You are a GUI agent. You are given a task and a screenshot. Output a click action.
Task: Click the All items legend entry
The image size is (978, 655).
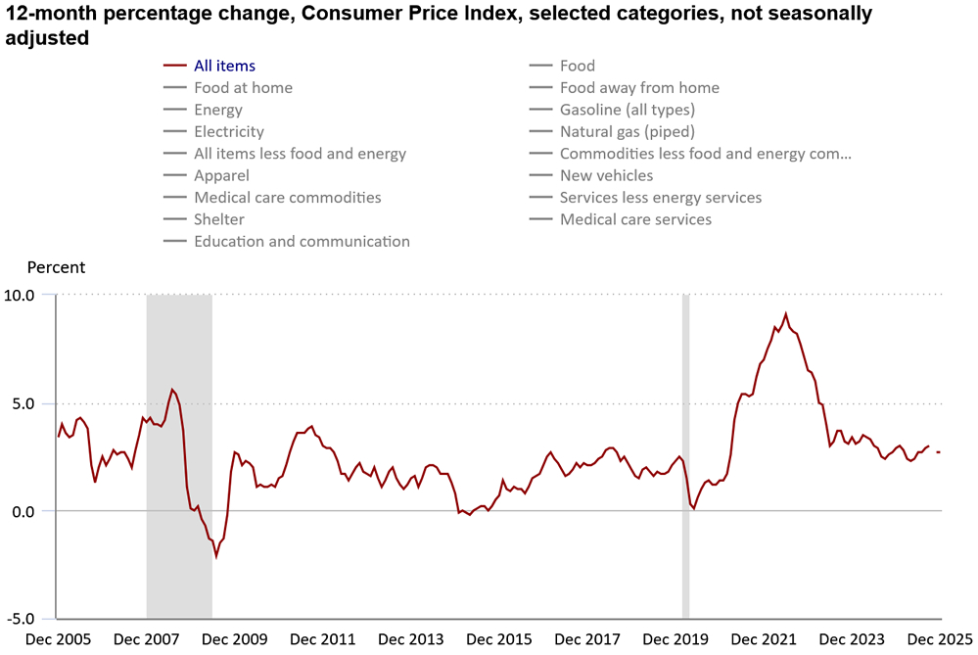coord(224,66)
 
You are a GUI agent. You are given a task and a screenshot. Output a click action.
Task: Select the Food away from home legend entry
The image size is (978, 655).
coord(639,88)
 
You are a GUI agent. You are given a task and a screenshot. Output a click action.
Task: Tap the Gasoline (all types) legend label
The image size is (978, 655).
coord(627,110)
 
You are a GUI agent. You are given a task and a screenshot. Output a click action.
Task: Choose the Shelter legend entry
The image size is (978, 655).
coord(219,219)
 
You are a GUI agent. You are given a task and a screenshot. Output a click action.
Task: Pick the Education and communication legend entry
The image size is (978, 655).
coord(302,241)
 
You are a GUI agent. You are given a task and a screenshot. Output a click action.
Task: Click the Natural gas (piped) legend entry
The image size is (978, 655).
coord(627,131)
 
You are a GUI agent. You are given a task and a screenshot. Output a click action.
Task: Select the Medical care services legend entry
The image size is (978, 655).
coord(635,219)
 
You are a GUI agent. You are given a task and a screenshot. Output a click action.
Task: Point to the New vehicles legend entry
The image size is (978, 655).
coord(606,175)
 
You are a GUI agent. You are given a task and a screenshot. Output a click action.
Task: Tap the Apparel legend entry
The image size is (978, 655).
coord(221,175)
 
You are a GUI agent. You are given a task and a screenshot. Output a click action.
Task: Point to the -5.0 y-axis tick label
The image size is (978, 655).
coord(19,620)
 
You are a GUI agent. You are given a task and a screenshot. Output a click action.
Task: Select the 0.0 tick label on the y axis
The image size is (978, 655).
coord(23,511)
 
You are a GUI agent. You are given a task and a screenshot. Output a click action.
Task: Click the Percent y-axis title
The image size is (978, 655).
coord(56,267)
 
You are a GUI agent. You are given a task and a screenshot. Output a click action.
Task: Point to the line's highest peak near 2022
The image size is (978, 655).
coord(785,313)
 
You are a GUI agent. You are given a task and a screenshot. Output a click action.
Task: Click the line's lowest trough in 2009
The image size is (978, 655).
coord(216,556)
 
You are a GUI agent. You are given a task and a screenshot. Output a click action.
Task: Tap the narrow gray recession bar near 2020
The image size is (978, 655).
coord(685,456)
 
